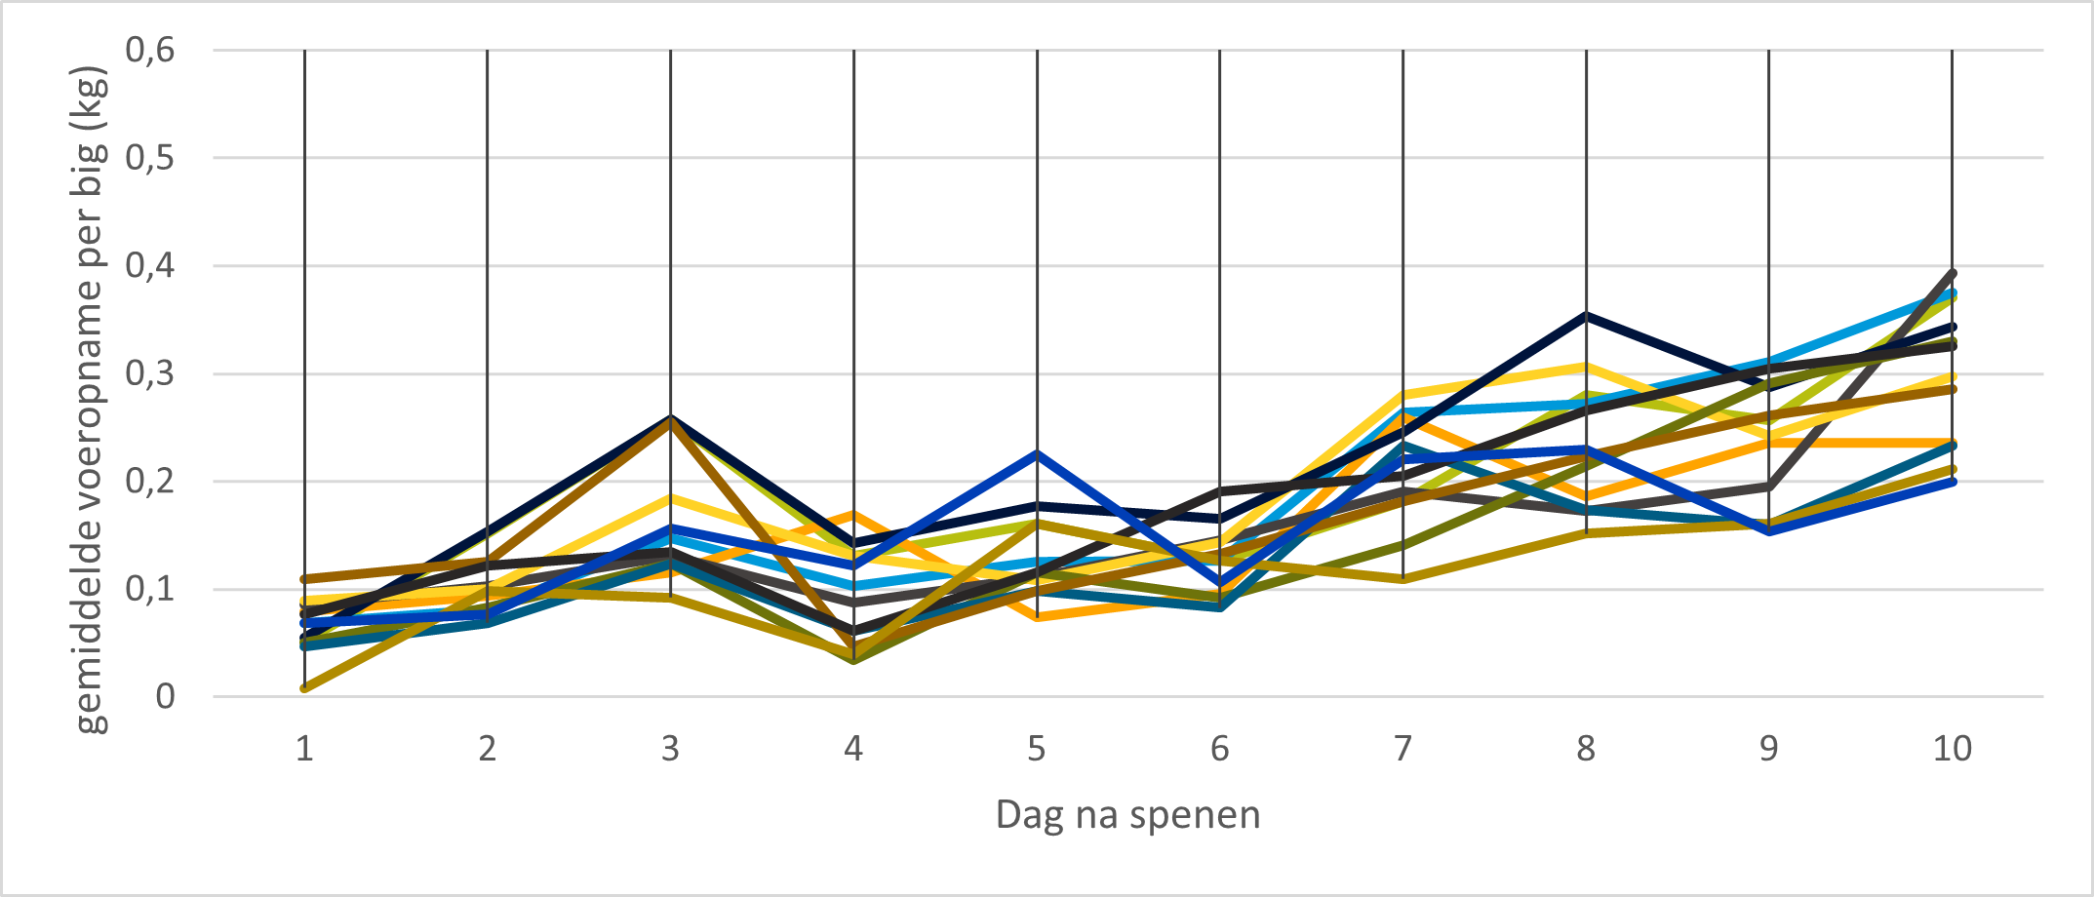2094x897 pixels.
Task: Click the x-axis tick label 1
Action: click(304, 749)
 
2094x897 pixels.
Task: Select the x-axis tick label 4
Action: click(853, 749)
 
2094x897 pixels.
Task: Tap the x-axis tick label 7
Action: click(1403, 749)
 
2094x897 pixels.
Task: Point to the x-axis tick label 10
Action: click(1952, 749)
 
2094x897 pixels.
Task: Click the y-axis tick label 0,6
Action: click(150, 49)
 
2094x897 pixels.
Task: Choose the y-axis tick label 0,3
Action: click(150, 373)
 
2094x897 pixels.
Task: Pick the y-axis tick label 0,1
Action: click(150, 589)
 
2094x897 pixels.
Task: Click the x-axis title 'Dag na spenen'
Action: click(1127, 814)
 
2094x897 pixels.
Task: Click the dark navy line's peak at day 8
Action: click(1587, 315)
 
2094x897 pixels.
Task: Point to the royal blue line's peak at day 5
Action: click(1037, 452)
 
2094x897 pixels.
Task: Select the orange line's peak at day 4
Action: click(853, 514)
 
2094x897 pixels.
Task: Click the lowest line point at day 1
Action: click(305, 688)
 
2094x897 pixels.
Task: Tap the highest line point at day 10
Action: click(1953, 272)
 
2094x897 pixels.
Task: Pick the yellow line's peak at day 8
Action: click(1587, 367)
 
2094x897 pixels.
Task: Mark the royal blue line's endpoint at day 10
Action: click(1953, 482)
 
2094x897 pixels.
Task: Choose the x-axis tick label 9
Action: click(1768, 749)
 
